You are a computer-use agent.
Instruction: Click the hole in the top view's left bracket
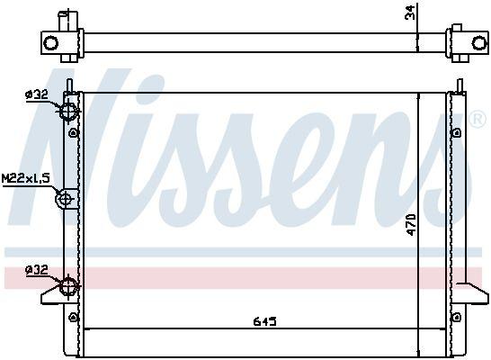50,42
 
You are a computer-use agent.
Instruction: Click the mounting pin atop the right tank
459,85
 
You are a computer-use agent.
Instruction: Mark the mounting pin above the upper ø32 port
69,85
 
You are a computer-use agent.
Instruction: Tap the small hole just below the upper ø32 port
70,134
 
